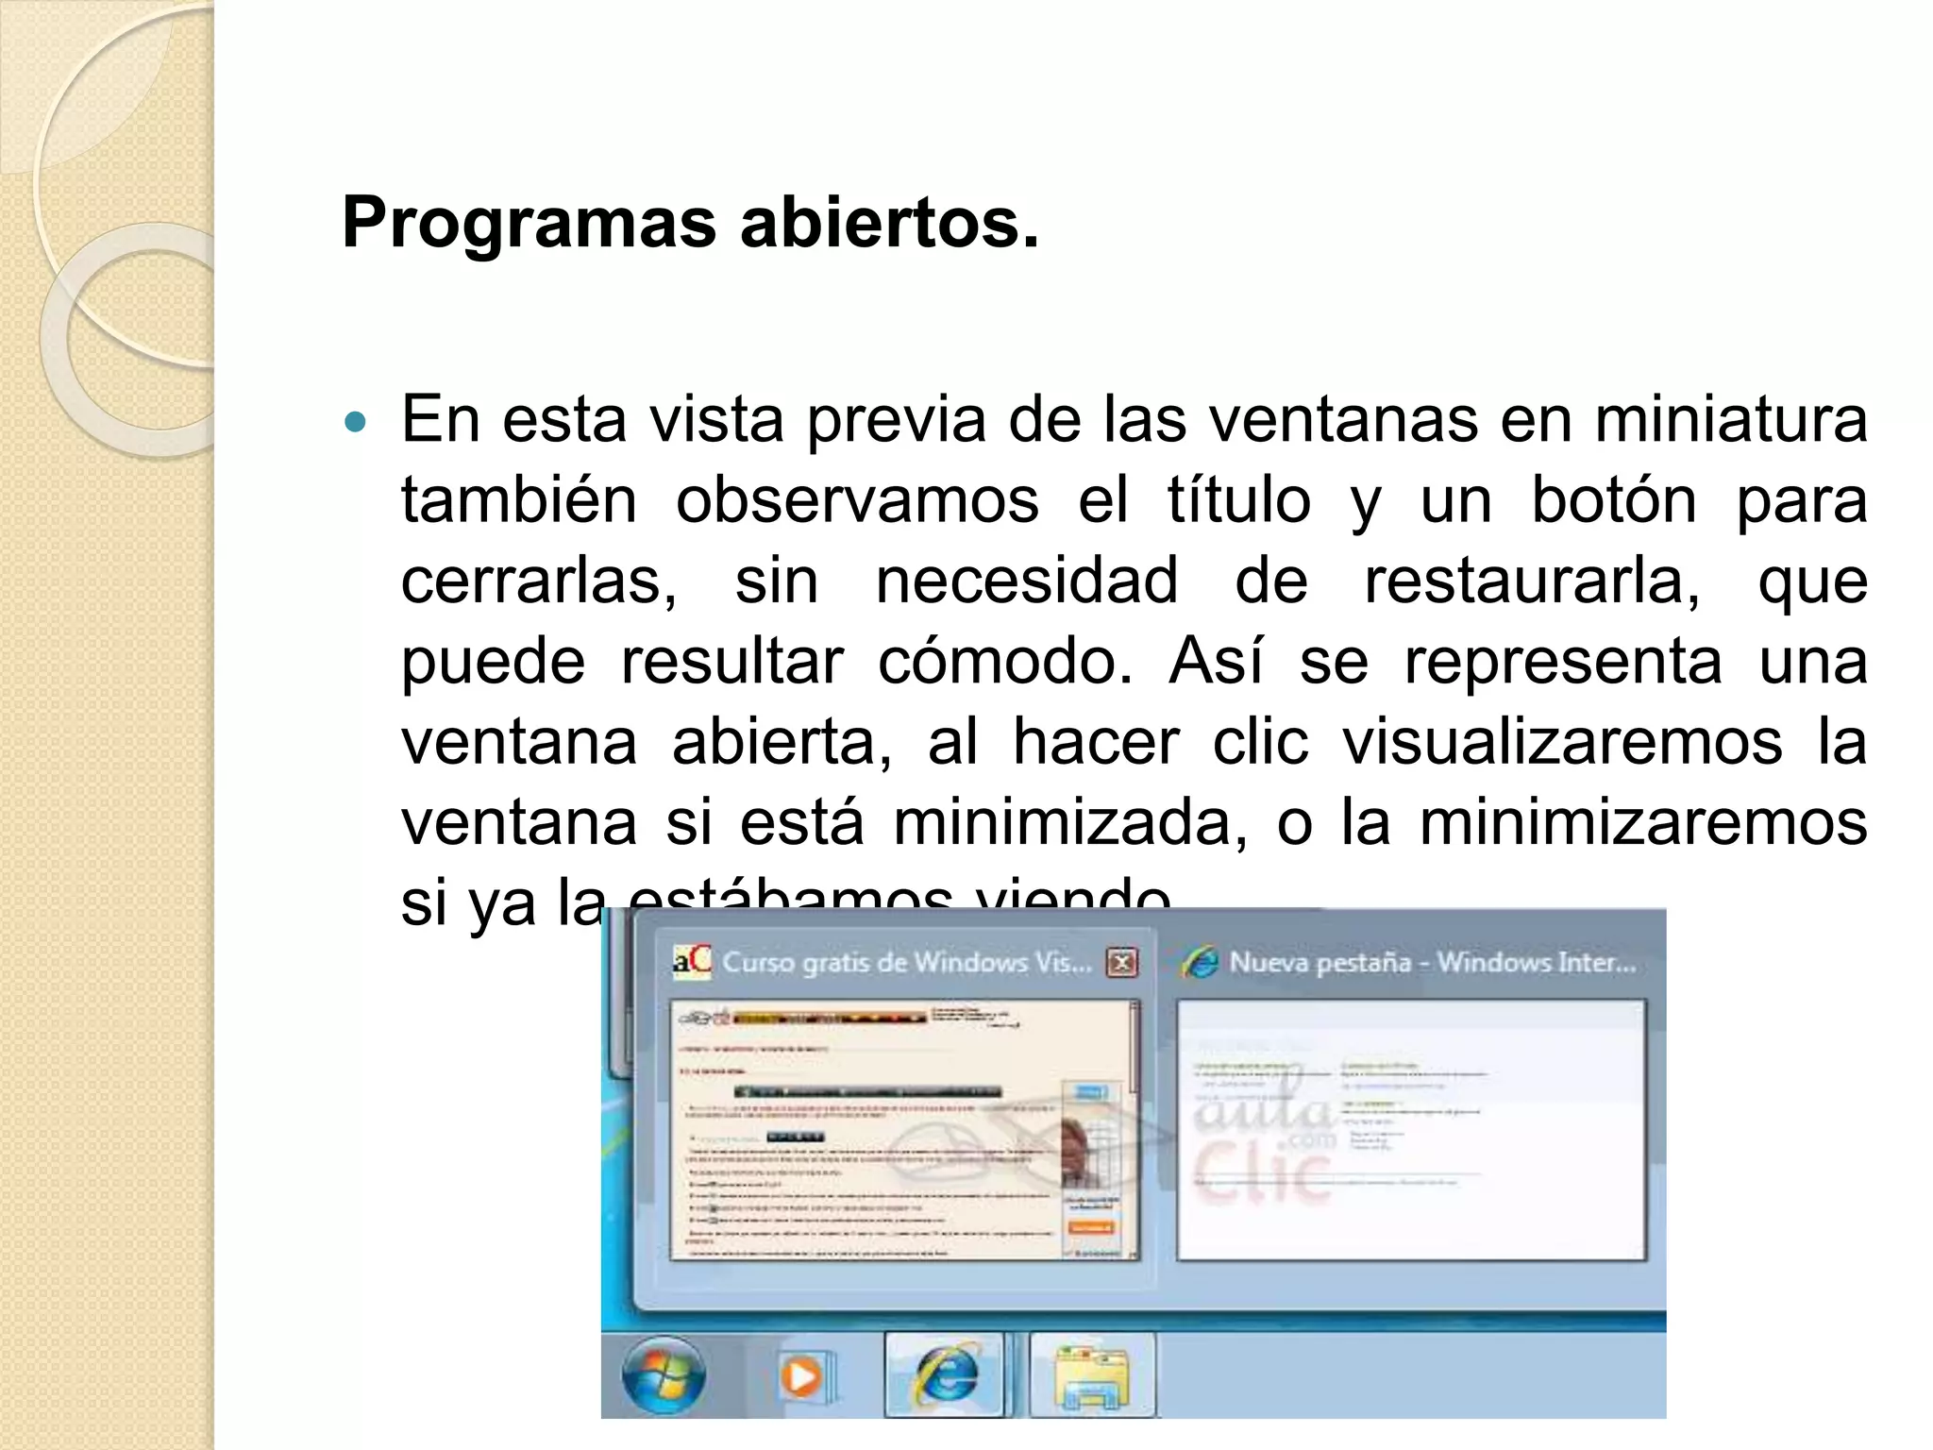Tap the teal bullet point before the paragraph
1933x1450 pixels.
(x=355, y=422)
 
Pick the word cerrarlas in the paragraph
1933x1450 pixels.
(x=538, y=581)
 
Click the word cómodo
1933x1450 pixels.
(x=1003, y=661)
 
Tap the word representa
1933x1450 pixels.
(x=1562, y=661)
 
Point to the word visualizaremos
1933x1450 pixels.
(x=1562, y=742)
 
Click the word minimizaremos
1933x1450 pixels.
(x=1642, y=822)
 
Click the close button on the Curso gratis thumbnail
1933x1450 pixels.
(x=1122, y=963)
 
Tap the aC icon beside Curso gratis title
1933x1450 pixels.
(x=691, y=961)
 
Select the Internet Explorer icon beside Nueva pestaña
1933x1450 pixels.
(x=1200, y=963)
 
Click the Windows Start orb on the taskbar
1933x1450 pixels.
(x=664, y=1374)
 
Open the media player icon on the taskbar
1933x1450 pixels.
(x=800, y=1377)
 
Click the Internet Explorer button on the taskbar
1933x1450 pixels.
(x=944, y=1374)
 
